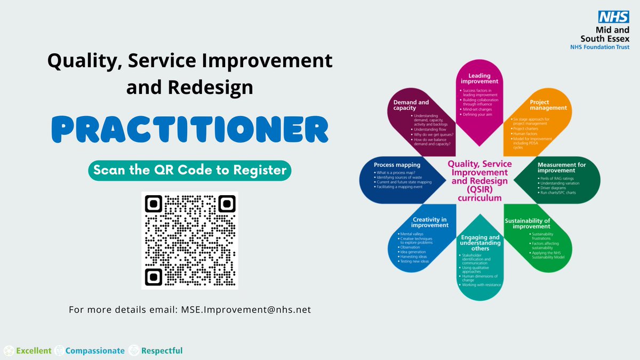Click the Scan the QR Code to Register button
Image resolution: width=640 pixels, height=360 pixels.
190,170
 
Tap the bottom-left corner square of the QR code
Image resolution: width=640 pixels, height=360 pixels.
154,276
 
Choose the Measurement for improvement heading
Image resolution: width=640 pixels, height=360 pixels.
561,169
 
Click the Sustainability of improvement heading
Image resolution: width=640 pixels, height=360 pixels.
535,223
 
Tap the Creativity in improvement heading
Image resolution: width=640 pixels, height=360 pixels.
430,222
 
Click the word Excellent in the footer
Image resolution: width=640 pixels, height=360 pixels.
34,350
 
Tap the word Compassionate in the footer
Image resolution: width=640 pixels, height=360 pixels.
95,350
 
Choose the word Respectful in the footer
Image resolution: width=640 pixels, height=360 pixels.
162,350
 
